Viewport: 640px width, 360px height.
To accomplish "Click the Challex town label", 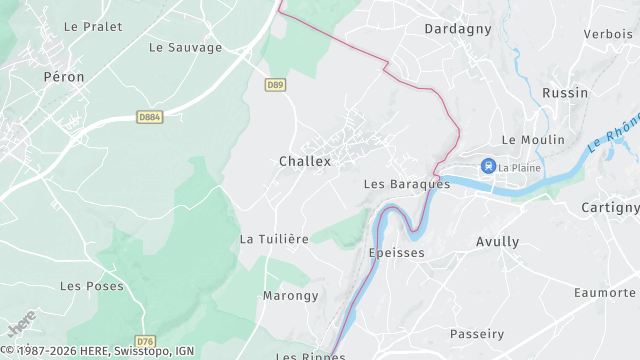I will click(x=305, y=161).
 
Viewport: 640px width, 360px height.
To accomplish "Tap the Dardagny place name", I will click(x=458, y=29).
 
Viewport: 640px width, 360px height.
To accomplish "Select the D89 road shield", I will click(x=276, y=85).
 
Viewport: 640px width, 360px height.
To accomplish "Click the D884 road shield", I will click(x=150, y=117).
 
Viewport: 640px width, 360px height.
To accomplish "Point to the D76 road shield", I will click(x=146, y=341).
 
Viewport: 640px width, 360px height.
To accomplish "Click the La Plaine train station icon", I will click(x=488, y=166).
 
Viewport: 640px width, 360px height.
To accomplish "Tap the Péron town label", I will click(x=64, y=77).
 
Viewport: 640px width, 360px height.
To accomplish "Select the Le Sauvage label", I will click(x=185, y=47).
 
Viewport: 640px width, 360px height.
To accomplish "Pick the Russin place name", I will click(x=564, y=93).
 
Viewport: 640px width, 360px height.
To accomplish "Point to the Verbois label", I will click(x=608, y=34).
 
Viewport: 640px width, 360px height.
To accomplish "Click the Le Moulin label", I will click(x=533, y=140).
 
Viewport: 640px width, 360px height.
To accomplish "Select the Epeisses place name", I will click(x=397, y=253).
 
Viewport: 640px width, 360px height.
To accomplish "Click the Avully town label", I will click(x=497, y=242).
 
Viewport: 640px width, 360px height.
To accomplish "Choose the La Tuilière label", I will click(x=273, y=239).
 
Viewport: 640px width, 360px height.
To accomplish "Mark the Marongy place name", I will click(x=290, y=296).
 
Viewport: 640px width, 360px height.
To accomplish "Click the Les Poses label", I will click(x=92, y=286).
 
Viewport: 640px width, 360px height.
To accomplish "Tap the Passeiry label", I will click(x=477, y=334).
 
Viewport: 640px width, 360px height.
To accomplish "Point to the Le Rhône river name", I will click(x=611, y=135).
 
